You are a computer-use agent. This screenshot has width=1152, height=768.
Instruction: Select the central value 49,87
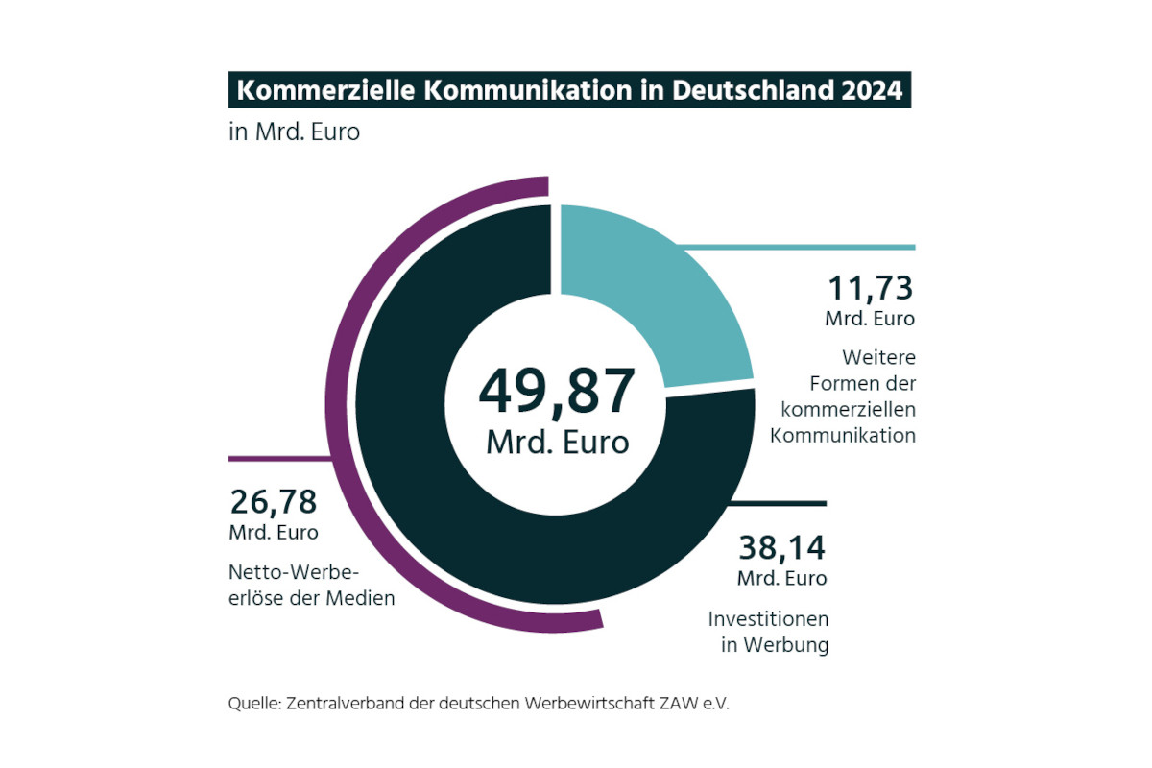(557, 389)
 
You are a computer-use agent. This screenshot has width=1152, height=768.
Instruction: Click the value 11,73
(871, 288)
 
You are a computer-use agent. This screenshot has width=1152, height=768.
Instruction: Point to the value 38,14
(781, 548)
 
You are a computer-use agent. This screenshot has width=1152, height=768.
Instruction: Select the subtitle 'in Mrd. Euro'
(294, 132)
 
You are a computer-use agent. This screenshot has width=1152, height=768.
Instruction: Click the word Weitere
(878, 358)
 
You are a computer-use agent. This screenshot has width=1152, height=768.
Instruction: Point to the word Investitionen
(768, 618)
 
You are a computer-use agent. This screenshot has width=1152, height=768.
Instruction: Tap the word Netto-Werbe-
(294, 573)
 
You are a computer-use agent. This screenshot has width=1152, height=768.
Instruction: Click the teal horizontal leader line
(835, 247)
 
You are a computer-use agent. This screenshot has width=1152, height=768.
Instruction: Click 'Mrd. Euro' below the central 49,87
(557, 442)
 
